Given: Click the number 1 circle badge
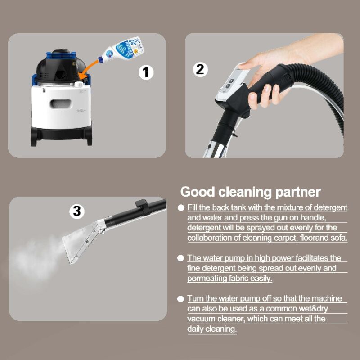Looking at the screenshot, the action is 146,72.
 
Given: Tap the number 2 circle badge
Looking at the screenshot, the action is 200,69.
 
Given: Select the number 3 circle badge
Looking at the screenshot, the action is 77,211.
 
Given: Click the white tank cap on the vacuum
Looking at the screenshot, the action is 79,84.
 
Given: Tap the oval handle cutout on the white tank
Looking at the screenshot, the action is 61,103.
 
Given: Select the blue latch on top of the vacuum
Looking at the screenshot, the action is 61,55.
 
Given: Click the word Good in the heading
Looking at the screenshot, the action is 198,192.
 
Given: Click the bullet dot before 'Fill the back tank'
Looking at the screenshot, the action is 181,208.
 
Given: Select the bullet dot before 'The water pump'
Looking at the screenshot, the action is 181,258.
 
